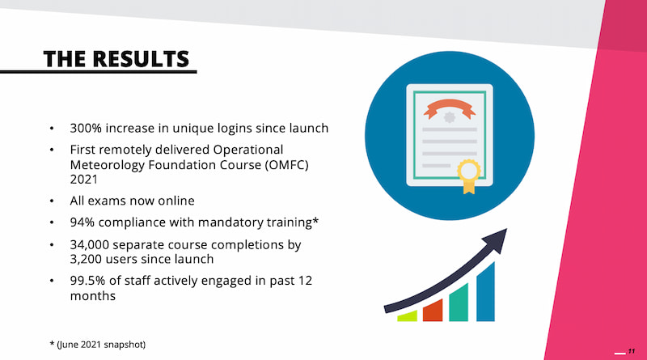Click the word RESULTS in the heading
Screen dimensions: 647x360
(x=141, y=59)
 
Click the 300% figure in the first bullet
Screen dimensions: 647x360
(x=86, y=128)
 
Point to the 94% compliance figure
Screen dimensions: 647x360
(x=82, y=222)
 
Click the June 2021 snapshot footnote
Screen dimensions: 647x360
(x=98, y=345)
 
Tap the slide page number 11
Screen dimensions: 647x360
(x=632, y=351)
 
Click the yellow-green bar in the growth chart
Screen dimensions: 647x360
(x=407, y=316)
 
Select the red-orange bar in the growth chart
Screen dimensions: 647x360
(x=433, y=310)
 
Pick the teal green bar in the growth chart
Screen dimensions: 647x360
(x=459, y=303)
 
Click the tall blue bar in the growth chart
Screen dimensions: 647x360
(x=486, y=291)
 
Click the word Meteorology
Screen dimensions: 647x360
(x=108, y=165)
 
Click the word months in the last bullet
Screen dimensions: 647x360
(x=93, y=295)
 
